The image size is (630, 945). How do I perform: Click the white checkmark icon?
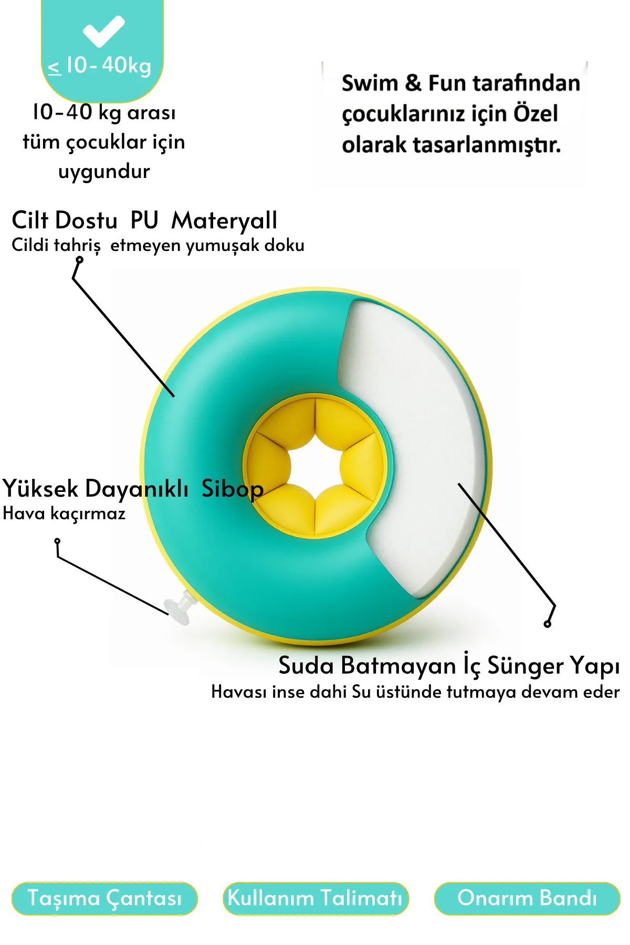tap(103, 31)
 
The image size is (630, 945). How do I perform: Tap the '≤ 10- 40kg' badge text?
tap(100, 66)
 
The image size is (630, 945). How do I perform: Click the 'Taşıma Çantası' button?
tap(104, 898)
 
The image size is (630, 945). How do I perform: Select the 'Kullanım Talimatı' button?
tap(315, 898)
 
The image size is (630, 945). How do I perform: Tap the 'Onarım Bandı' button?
tap(527, 898)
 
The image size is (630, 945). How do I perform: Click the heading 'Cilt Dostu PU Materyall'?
tap(144, 220)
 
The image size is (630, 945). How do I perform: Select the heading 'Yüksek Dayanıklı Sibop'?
tap(133, 489)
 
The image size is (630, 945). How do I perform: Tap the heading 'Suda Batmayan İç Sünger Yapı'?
tap(449, 666)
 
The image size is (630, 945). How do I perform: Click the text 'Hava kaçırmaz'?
tap(64, 513)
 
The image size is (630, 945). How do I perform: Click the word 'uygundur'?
tap(104, 172)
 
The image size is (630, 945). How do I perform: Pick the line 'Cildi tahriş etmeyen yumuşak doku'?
tap(157, 245)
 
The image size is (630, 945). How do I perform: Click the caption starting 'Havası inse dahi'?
tap(415, 692)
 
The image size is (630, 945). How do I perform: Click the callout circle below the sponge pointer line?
tap(548, 624)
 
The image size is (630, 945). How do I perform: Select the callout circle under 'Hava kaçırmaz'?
tap(57, 541)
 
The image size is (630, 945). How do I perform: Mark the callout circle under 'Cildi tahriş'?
tap(79, 259)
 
